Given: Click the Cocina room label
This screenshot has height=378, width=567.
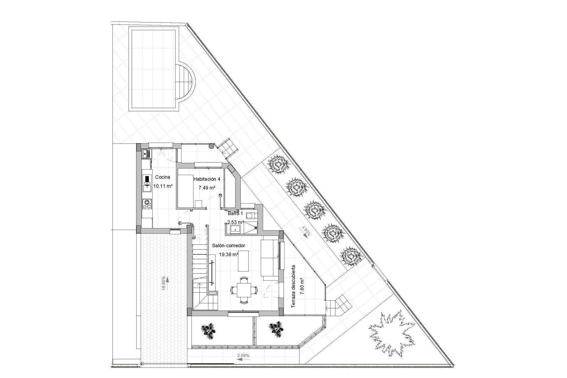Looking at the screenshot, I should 162,177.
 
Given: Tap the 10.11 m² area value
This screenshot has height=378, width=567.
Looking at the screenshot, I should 163,186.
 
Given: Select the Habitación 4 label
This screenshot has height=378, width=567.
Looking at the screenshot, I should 207,179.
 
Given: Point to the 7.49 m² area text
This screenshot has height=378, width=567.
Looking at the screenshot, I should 206,188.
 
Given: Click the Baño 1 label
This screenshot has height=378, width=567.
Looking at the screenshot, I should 235,213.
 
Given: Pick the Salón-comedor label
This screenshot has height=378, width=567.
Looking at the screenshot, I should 228,245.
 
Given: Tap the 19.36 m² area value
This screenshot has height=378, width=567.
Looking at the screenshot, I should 229,254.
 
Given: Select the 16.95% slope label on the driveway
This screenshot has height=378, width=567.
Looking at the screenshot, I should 164,283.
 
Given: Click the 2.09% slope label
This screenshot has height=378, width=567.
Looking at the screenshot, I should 243,356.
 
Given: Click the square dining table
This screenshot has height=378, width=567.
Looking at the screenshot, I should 244,291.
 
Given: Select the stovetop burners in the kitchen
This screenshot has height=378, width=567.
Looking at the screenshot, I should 147,204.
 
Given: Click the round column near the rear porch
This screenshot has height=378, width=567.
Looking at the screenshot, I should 211,146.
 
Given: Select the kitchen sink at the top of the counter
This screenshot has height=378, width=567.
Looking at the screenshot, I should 146,153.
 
